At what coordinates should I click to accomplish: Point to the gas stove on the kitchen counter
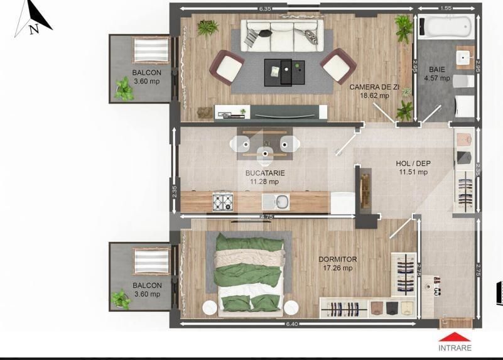pos(223,202)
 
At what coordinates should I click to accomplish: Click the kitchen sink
pos(276,202)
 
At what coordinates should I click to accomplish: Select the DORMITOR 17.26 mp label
pos(337,263)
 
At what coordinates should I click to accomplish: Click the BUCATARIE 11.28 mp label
pos(265,177)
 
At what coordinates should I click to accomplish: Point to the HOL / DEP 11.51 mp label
pos(413,168)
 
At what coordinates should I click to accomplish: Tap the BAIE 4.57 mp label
pos(437,74)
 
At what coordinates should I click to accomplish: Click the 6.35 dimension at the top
pos(264,9)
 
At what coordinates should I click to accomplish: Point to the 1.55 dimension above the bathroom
pos(446,9)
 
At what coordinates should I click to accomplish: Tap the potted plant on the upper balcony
pos(124,90)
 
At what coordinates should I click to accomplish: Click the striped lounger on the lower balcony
pos(151,260)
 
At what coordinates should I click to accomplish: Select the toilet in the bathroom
pos(463,82)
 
